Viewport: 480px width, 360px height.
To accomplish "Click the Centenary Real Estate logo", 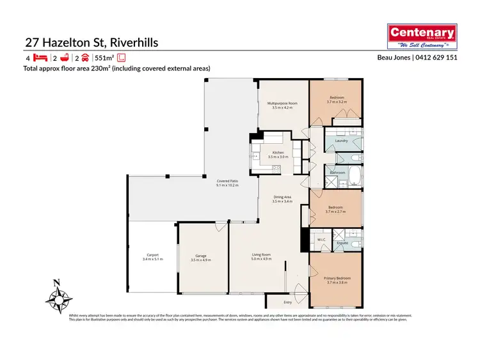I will (x=423, y=36).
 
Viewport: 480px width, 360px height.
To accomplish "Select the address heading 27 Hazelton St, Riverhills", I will (x=91, y=43).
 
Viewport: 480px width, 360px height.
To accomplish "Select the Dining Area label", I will (x=282, y=197).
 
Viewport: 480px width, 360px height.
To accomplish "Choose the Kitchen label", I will (x=278, y=152).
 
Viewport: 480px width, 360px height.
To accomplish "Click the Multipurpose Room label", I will (x=282, y=103).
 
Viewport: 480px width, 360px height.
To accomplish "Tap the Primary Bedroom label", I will (x=338, y=278).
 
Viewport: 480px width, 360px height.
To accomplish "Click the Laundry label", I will (x=340, y=141).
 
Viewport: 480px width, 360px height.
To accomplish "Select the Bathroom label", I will (x=337, y=173).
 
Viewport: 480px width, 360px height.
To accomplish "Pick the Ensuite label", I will (x=342, y=243).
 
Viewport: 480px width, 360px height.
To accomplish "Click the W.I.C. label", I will (x=321, y=240).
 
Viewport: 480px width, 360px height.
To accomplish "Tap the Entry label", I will (x=287, y=302).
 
